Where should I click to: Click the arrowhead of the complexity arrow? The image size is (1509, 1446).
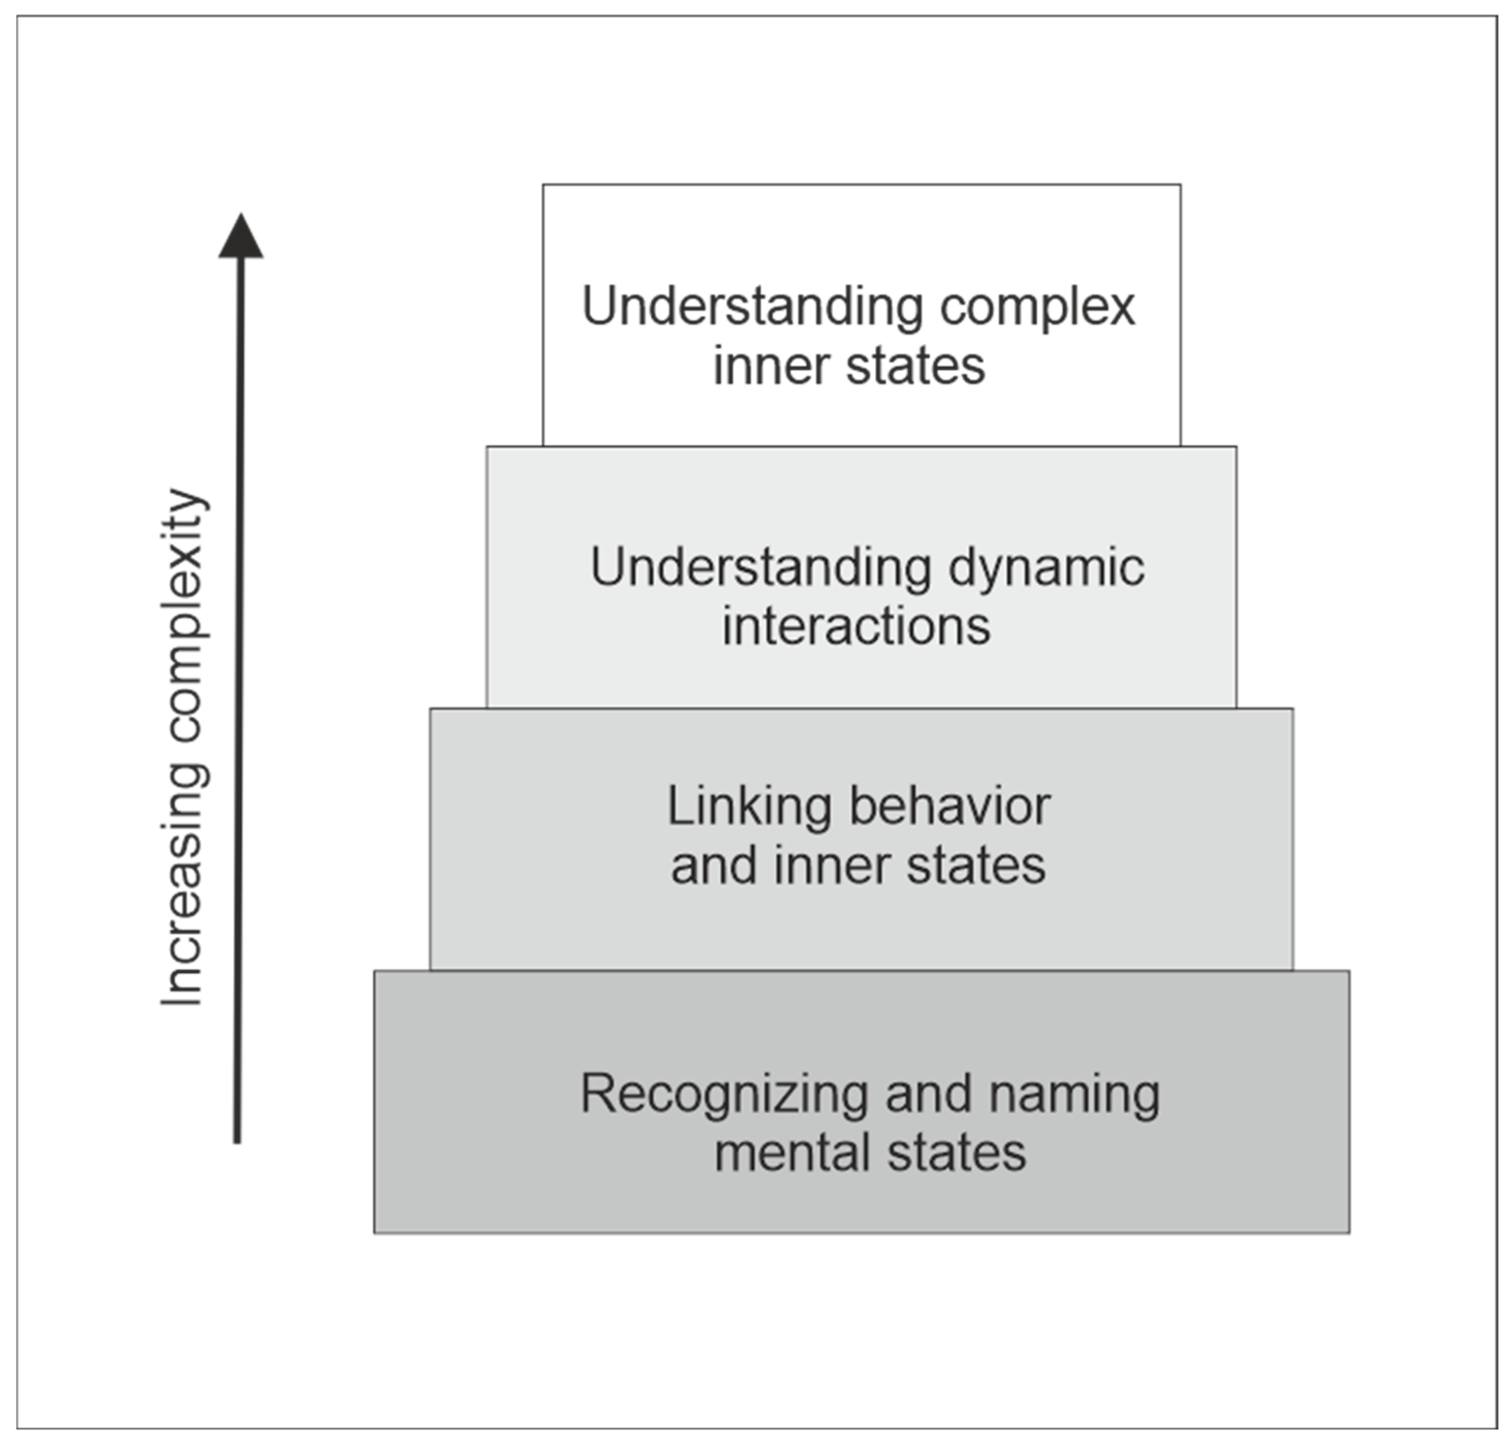(241, 237)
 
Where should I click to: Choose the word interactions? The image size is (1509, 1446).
(856, 626)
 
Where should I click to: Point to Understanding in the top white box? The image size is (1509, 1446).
(752, 306)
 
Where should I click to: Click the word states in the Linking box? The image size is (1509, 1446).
(976, 866)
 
